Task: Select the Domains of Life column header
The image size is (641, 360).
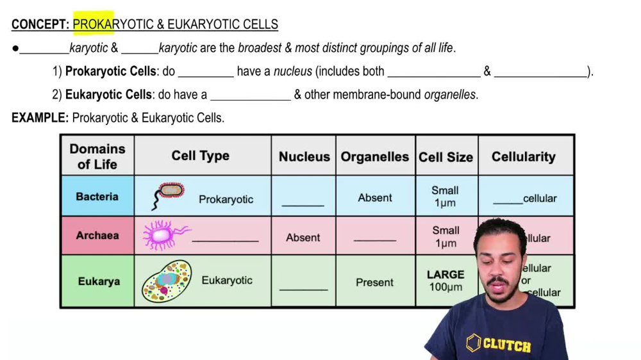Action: (x=97, y=156)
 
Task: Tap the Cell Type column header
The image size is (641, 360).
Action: (x=200, y=156)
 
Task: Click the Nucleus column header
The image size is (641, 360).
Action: (x=304, y=156)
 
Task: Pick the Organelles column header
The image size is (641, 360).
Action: (x=374, y=156)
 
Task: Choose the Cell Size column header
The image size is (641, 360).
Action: (x=445, y=157)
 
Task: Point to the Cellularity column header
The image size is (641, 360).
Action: (x=523, y=156)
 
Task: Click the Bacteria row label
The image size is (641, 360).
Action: (x=97, y=197)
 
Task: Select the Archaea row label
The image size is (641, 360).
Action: (x=97, y=235)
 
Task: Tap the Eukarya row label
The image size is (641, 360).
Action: (x=99, y=281)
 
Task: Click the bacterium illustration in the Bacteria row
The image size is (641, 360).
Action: (x=169, y=194)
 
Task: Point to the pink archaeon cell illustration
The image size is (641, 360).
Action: (x=164, y=234)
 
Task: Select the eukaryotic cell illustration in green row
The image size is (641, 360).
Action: (x=167, y=281)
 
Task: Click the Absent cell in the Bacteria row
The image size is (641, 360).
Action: (x=375, y=198)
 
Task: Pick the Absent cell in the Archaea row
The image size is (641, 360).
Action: (x=303, y=238)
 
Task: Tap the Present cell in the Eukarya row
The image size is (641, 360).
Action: (x=375, y=282)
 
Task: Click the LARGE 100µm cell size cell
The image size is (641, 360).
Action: (x=445, y=281)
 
